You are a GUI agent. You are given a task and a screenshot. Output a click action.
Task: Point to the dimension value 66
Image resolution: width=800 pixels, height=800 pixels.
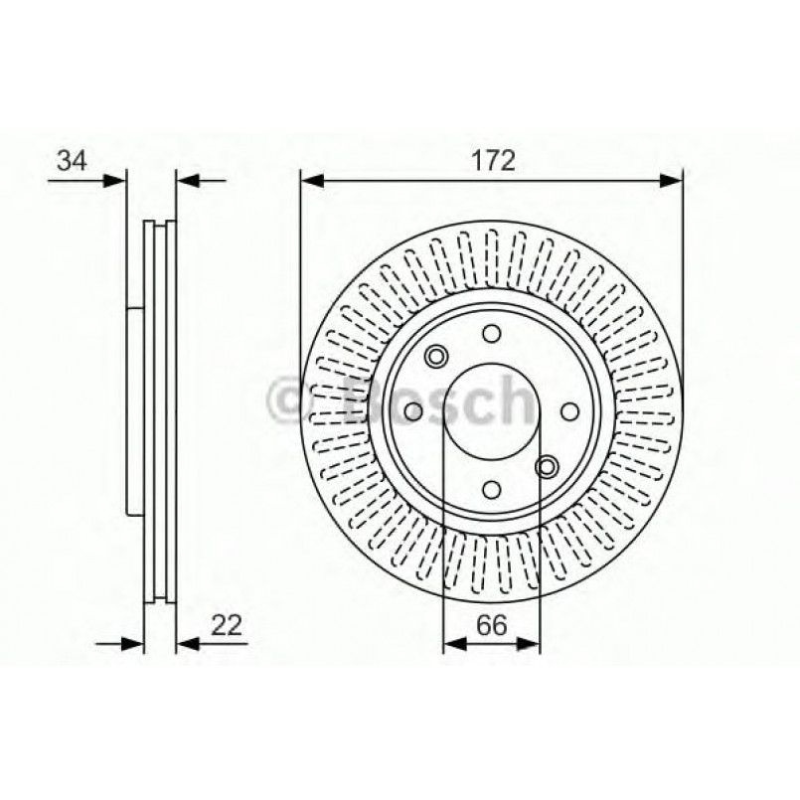[492, 626]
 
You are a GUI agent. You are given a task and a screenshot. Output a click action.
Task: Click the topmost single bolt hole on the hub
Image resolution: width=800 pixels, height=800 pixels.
[491, 335]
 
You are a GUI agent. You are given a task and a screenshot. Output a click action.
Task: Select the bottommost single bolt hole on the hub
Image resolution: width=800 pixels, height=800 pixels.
[491, 487]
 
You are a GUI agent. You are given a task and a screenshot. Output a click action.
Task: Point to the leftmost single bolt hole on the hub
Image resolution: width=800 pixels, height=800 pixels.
[415, 411]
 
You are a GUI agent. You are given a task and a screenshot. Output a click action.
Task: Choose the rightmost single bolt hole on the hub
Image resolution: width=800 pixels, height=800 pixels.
[567, 411]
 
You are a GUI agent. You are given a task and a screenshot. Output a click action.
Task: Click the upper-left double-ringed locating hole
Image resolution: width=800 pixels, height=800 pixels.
[435, 356]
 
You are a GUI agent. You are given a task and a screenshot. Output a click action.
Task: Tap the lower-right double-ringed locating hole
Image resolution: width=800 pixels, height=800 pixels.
[546, 466]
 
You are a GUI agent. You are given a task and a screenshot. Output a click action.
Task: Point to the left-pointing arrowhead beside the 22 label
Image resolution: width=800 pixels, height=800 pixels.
[186, 644]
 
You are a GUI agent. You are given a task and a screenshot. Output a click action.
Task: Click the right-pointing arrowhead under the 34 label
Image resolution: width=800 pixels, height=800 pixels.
[118, 180]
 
